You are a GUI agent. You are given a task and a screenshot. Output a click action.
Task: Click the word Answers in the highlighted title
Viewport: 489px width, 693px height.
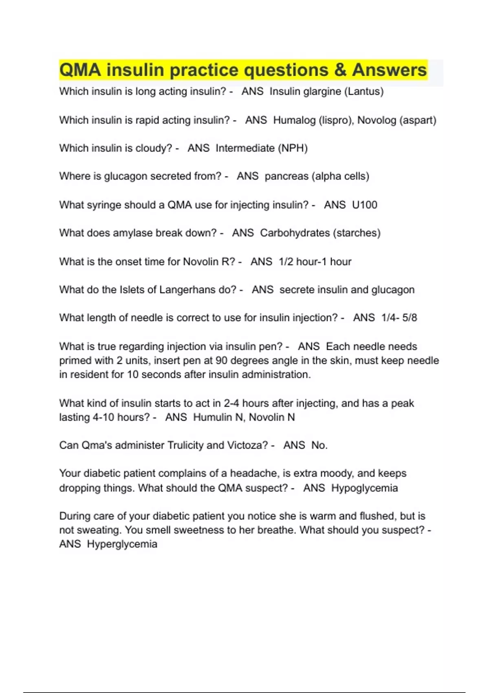[x=389, y=70]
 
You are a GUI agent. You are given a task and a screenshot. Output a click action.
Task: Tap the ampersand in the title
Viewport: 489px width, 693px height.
[x=340, y=70]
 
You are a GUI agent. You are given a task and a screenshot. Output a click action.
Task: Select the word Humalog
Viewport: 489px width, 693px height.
[x=294, y=120]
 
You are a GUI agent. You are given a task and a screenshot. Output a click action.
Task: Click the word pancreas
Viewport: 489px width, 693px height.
[x=286, y=176]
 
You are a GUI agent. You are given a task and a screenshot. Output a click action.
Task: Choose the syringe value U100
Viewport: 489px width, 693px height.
[x=364, y=205]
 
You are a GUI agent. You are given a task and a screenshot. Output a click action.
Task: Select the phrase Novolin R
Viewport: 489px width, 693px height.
[x=209, y=261]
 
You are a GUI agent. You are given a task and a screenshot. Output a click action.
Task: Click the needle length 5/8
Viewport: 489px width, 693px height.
[x=410, y=318]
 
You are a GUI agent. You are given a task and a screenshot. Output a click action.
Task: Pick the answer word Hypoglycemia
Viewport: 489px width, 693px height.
[x=364, y=488]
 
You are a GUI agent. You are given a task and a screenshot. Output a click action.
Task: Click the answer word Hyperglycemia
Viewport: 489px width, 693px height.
[x=122, y=544]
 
